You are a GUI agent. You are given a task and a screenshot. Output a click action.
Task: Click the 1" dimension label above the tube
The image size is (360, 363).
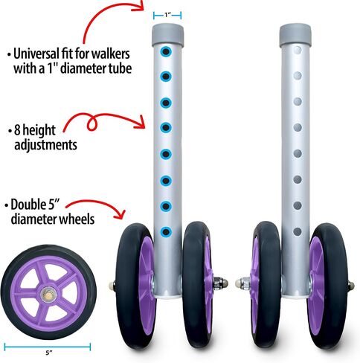pyautogui.click(x=167, y=16)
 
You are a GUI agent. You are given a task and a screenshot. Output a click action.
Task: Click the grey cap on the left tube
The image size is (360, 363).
pyautogui.click(x=167, y=35)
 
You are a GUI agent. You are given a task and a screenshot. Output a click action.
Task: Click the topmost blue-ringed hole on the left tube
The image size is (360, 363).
pyautogui.click(x=166, y=51)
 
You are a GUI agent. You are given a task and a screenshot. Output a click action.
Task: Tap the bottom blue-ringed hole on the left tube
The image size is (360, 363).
pyautogui.click(x=166, y=232)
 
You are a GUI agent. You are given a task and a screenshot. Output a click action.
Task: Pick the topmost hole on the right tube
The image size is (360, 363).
pyautogui.click(x=298, y=51)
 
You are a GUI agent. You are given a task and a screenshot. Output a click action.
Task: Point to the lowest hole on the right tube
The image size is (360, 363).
pyautogui.click(x=298, y=232)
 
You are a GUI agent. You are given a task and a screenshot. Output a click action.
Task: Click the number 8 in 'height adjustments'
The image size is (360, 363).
pyautogui.click(x=17, y=130)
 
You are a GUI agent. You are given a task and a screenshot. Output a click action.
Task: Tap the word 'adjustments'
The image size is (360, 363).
pyautogui.click(x=45, y=145)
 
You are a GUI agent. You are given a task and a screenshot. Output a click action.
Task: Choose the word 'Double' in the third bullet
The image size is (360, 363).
pyautogui.click(x=28, y=205)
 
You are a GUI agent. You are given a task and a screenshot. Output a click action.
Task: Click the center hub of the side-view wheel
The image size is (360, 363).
pyautogui.click(x=48, y=294)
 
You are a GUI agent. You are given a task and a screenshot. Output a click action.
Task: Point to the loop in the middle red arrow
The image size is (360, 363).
pyautogui.click(x=91, y=123)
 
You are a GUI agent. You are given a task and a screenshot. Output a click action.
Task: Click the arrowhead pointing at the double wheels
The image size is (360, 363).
pyautogui.click(x=120, y=214)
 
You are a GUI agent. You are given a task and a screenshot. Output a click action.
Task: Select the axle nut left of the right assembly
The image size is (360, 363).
pyautogui.click(x=242, y=283)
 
